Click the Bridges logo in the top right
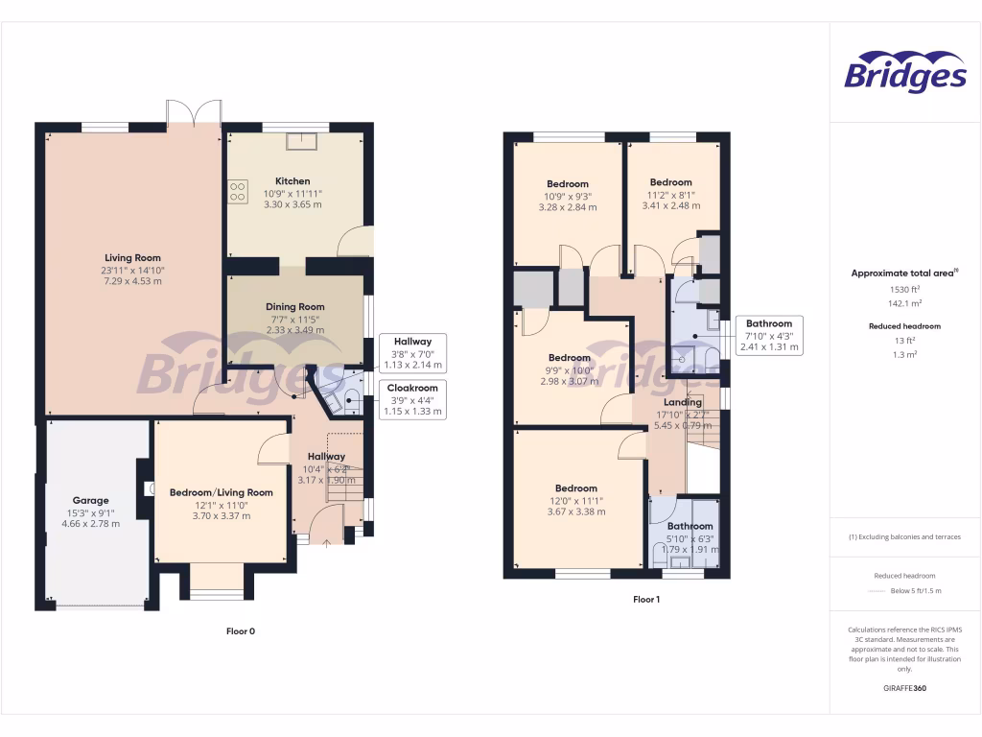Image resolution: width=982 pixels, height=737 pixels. [904, 73]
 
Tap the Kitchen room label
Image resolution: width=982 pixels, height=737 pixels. [292, 181]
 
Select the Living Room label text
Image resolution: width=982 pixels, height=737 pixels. [132, 257]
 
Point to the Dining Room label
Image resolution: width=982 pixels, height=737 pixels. [294, 307]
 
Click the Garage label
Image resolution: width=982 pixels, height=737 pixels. [91, 500]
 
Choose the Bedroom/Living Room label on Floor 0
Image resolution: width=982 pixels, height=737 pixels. [221, 492]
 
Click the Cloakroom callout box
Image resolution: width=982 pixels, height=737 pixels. [412, 399]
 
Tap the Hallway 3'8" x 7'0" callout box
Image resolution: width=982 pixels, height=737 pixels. [412, 352]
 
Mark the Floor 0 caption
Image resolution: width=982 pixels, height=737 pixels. [240, 630]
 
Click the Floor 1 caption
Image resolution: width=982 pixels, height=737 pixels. [646, 600]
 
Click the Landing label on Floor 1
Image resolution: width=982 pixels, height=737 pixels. [683, 402]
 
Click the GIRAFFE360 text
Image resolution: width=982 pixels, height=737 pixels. [905, 688]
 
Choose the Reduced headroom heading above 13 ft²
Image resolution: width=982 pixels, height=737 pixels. [905, 326]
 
